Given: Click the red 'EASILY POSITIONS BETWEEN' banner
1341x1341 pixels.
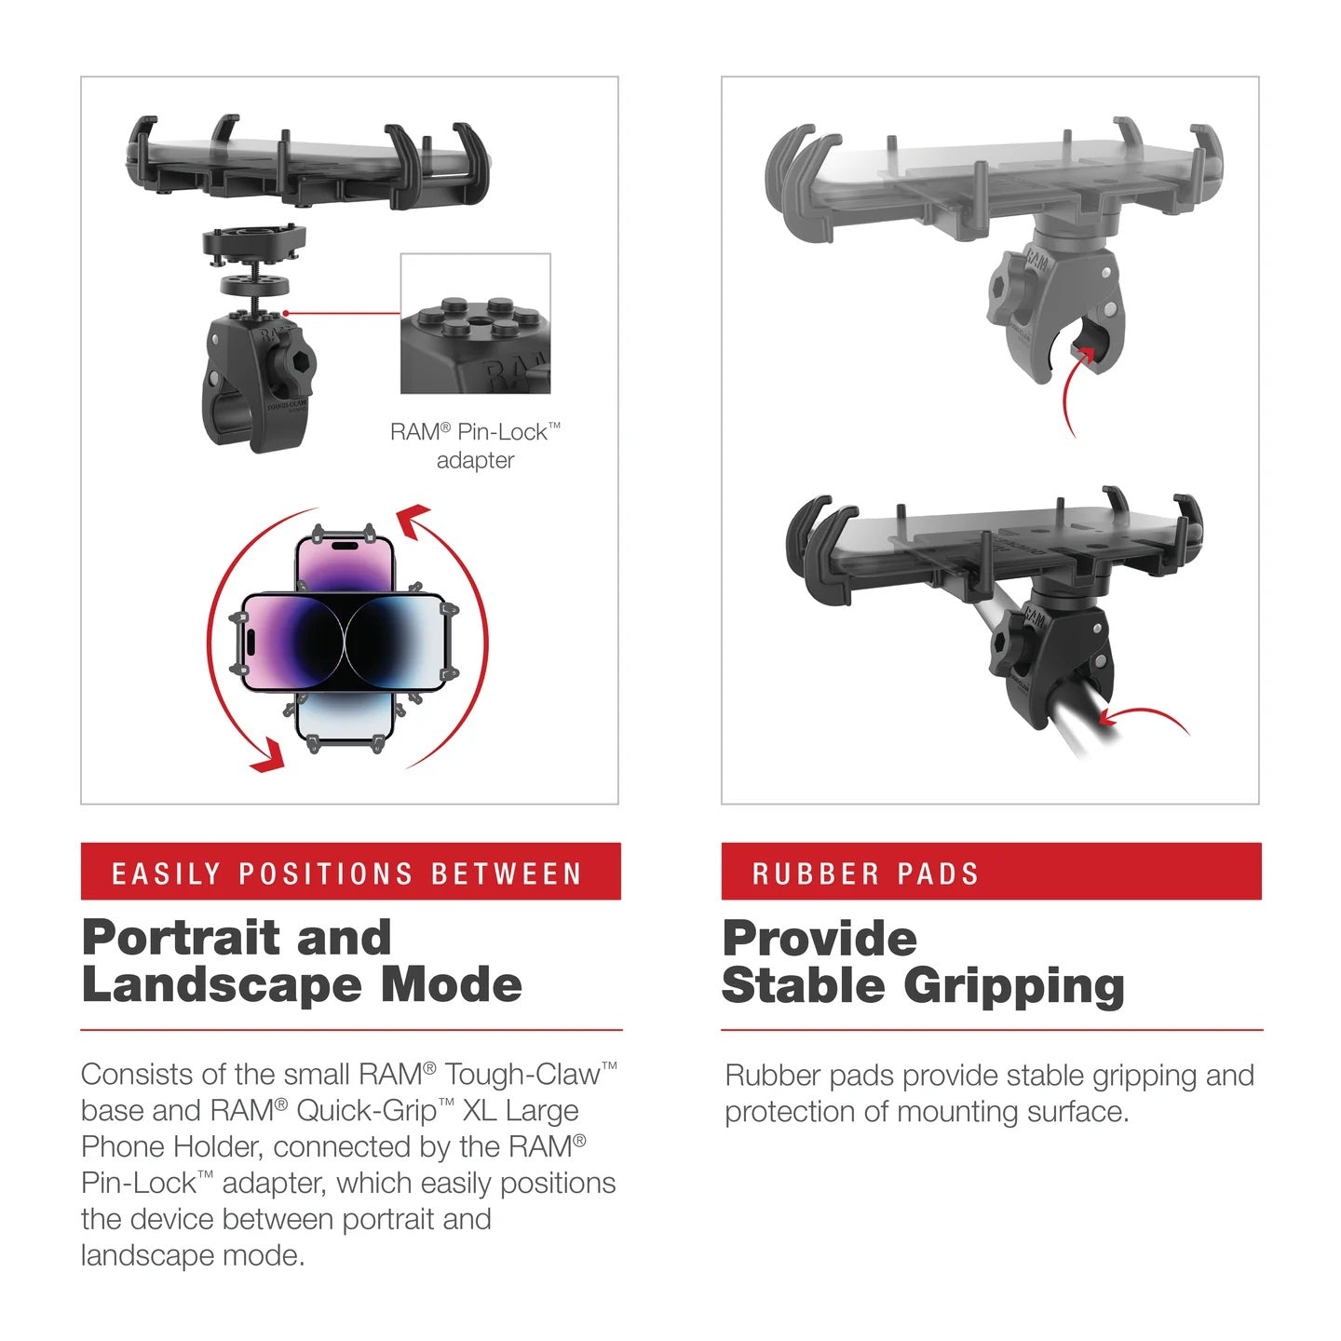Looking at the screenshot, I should pyautogui.click(x=350, y=872).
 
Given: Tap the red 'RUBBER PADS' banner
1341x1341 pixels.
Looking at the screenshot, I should pyautogui.click(x=991, y=872).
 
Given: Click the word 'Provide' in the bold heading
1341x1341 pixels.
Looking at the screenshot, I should pyautogui.click(x=819, y=939).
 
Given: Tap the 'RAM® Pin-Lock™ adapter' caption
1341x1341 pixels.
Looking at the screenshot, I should pyautogui.click(x=475, y=445).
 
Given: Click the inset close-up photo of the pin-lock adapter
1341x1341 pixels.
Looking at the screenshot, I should pyautogui.click(x=475, y=323).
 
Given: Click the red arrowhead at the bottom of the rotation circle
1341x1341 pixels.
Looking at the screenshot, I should pyautogui.click(x=266, y=755).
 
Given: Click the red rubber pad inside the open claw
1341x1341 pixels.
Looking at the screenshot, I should pyautogui.click(x=1083, y=352).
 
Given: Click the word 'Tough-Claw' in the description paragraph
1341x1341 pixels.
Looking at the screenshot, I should pyautogui.click(x=521, y=1075).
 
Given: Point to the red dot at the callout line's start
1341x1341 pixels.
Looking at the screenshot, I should pyautogui.click(x=286, y=314).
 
